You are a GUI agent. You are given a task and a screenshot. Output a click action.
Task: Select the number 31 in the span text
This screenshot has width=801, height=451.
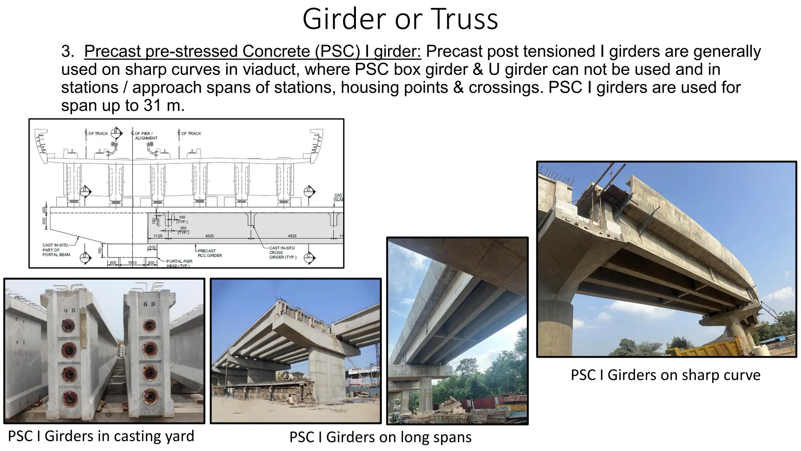[152, 105]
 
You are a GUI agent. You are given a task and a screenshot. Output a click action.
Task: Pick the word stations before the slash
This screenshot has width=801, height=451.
[90, 87]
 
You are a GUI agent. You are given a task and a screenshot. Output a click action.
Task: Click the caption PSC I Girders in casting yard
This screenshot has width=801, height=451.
[101, 436]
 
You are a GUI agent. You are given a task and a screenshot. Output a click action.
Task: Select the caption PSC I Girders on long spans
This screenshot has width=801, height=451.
[380, 437]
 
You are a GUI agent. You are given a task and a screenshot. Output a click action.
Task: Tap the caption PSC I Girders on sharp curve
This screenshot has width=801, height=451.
[665, 375]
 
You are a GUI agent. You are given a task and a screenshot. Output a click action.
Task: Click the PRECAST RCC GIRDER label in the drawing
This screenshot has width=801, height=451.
[209, 253]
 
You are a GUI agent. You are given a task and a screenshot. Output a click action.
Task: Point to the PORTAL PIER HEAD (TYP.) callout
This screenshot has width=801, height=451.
[179, 263]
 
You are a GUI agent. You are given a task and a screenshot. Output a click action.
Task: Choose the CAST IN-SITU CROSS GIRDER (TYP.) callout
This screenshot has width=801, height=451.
[282, 253]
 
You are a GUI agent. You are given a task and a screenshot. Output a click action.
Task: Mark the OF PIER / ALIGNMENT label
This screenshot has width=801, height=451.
[145, 135]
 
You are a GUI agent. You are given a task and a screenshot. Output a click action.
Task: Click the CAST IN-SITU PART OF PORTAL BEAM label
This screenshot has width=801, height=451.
[56, 250]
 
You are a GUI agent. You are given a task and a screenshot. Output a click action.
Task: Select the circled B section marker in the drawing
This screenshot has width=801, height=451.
[115, 132]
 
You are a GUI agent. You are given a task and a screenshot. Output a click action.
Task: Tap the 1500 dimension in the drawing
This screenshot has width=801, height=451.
[132, 262]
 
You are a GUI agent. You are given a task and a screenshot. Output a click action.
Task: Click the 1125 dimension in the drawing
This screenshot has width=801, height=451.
[158, 236]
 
